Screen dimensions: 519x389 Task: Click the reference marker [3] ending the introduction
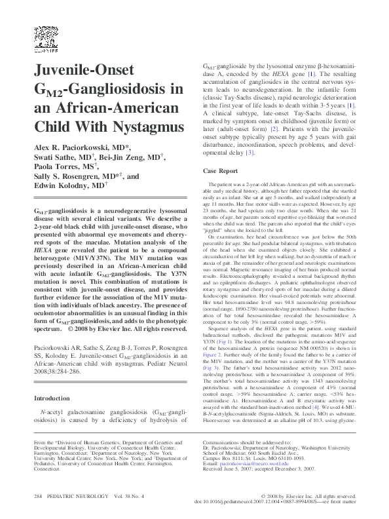(249, 153)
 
